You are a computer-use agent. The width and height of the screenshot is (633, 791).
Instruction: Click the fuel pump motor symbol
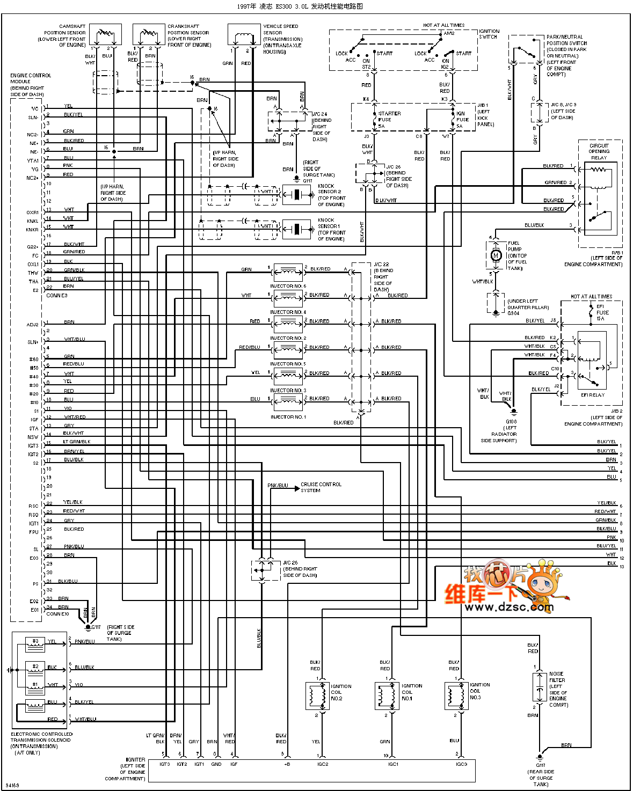496,255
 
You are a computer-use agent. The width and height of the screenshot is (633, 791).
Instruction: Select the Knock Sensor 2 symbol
296,194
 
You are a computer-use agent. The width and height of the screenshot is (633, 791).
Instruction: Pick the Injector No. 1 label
288,417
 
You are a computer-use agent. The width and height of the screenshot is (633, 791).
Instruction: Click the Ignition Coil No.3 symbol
456,697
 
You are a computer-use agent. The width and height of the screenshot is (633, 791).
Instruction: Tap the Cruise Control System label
321,487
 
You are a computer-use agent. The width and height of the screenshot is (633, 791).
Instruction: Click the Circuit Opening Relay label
599,151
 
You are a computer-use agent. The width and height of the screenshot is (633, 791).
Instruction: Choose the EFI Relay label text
592,395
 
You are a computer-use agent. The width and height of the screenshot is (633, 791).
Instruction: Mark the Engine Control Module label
31,85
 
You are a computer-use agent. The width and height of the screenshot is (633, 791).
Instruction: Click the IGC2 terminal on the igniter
323,764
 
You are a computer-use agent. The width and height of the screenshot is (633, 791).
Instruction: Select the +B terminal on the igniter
287,764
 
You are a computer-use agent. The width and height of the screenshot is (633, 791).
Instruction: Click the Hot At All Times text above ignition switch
443,25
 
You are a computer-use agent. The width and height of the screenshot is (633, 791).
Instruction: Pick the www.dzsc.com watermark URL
509,607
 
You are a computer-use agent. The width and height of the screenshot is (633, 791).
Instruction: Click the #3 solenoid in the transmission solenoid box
35,642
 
